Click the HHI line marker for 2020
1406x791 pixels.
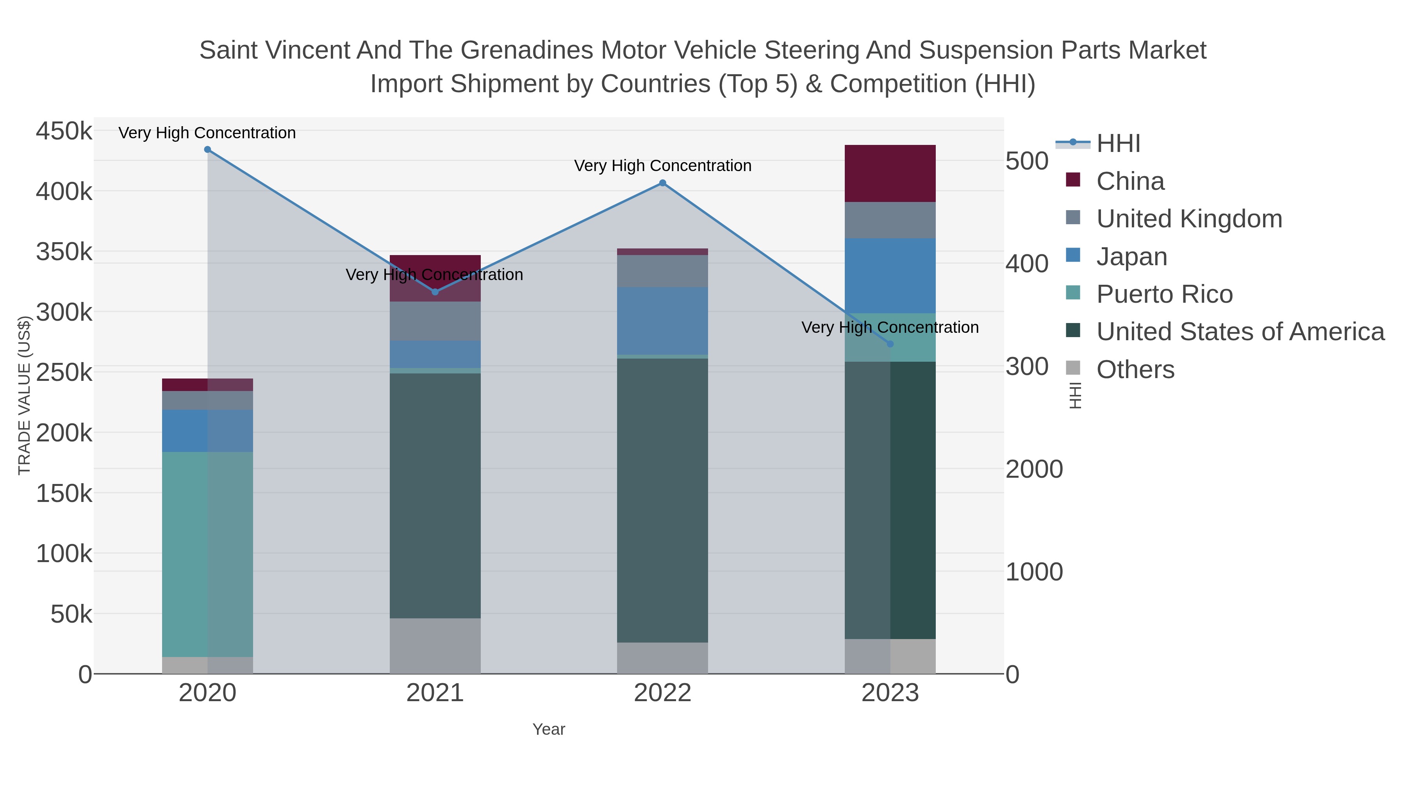(x=207, y=150)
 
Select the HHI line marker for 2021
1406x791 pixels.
(x=435, y=292)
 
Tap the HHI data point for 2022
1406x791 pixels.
(x=663, y=183)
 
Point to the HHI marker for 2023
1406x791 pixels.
(x=890, y=344)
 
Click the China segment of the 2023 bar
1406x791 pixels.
(x=890, y=173)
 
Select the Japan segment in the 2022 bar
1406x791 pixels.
(x=663, y=321)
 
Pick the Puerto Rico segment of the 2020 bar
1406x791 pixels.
(x=207, y=554)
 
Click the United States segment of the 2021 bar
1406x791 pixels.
(x=435, y=496)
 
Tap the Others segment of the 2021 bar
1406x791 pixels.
(x=435, y=646)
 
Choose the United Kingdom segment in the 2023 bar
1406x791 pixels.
(x=890, y=220)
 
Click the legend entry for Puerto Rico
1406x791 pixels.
(x=1164, y=294)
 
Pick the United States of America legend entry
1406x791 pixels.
(x=1240, y=332)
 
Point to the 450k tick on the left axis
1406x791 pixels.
(x=64, y=132)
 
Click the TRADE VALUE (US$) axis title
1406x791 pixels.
(x=25, y=396)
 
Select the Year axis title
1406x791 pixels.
(x=549, y=729)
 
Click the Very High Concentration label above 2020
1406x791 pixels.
(x=207, y=133)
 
